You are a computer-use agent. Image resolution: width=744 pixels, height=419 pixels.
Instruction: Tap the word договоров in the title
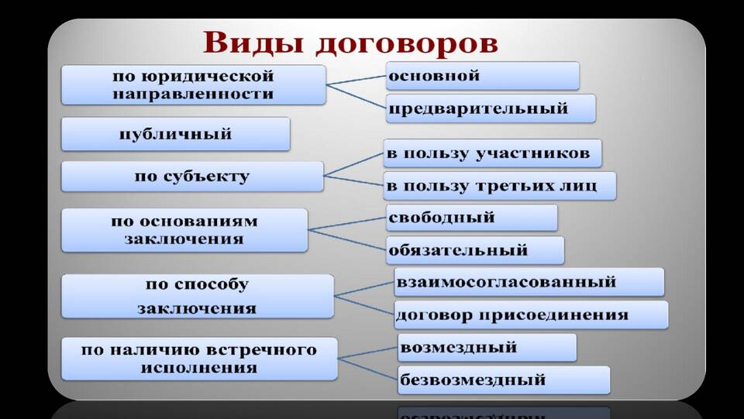coord(407,44)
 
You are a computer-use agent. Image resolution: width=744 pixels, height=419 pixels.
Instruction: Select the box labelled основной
coord(483,76)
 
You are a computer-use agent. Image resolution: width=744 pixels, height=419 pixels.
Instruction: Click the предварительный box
coord(491,108)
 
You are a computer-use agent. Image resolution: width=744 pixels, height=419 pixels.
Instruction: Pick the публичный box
coord(176,134)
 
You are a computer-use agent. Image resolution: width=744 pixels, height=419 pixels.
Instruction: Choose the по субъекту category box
coord(192,177)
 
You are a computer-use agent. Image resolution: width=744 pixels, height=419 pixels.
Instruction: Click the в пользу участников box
coord(493,153)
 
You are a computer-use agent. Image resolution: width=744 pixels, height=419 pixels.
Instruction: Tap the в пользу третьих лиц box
coord(500,186)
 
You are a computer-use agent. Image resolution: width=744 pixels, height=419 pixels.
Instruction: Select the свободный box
coord(472,218)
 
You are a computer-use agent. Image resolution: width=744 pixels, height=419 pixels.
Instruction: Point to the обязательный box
coord(475,250)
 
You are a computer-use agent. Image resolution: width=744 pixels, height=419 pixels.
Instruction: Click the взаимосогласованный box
coord(529,282)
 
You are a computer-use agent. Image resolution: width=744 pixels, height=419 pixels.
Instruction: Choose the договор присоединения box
coord(531,314)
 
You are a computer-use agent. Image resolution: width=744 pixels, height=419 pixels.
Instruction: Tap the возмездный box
coord(487,348)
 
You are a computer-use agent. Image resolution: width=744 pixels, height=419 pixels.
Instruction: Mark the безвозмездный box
coord(504,380)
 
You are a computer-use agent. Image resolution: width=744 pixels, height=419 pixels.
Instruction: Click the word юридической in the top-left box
coord(208,77)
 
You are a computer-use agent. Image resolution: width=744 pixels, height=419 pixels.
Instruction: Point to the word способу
coord(211,285)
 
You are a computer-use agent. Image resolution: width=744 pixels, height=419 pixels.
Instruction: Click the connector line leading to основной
coord(356,80)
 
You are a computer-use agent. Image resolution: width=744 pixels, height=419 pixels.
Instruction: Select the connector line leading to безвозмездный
coord(367,369)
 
